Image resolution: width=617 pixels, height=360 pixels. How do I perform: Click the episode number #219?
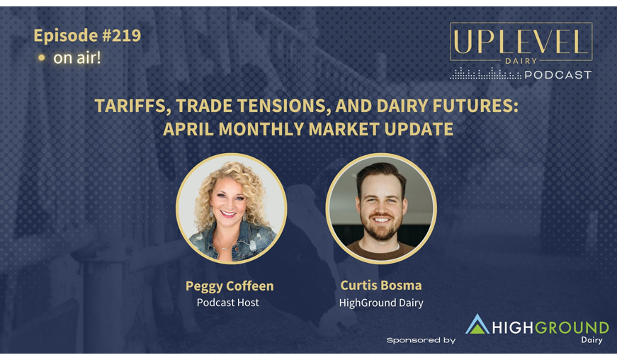121,35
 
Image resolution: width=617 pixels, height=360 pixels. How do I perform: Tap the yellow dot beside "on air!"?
42,58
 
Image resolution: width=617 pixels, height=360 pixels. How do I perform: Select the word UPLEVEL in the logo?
521,41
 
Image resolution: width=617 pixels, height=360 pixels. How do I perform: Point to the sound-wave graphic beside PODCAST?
486,74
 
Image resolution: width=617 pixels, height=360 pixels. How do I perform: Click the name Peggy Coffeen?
230,286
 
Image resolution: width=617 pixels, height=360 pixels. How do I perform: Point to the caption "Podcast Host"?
228,303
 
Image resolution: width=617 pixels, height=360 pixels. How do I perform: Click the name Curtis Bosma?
381,286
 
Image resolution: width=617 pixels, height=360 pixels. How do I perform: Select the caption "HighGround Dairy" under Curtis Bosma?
381,303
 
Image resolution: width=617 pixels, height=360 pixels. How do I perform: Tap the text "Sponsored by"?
421,340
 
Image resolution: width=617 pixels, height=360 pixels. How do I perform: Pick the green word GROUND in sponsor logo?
572,327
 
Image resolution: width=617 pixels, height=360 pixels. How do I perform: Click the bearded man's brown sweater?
381,251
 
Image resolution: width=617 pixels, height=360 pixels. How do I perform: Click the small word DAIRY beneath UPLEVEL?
521,61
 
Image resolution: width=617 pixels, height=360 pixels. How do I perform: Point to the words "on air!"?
77,58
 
